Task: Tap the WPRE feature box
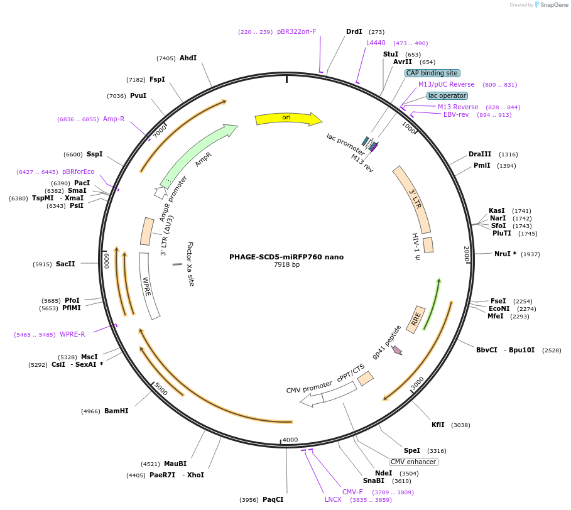[x=149, y=286]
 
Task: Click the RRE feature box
[x=415, y=319]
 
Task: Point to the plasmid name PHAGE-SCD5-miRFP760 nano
[x=286, y=257]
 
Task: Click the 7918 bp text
[x=286, y=264]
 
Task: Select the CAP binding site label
[x=432, y=73]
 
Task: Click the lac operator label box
[x=447, y=95]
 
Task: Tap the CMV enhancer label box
[x=414, y=462]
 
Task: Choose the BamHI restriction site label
[x=116, y=411]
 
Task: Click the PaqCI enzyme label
[x=273, y=499]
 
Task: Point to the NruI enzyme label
[x=502, y=254]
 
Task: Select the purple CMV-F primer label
[x=352, y=492]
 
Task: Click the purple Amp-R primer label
[x=114, y=119]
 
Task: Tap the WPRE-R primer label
[x=72, y=334]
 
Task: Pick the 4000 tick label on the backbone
[x=290, y=440]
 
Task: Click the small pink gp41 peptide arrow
[x=397, y=350]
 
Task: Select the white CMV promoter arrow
[x=328, y=395]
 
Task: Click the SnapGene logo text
[x=554, y=5]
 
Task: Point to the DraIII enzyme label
[x=479, y=154]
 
